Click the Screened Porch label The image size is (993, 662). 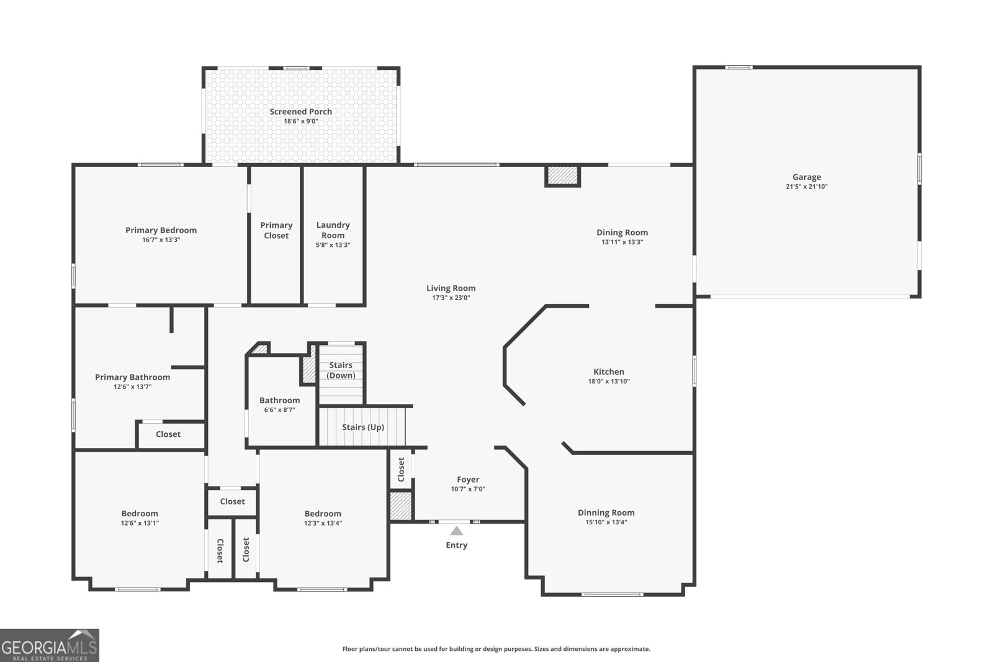tap(300, 112)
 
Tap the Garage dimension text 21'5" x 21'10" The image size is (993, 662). tap(807, 187)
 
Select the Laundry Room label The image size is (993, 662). tap(333, 230)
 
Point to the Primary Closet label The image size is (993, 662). tap(276, 230)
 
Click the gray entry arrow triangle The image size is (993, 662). tap(457, 531)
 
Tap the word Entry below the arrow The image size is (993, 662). tap(457, 545)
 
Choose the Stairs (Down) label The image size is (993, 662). tap(341, 370)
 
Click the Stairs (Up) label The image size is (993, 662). tap(363, 427)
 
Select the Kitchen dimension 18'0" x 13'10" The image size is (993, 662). tap(609, 381)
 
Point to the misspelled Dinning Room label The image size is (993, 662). tap(606, 512)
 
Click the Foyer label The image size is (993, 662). tap(468, 480)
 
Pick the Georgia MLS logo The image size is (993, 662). tap(49, 646)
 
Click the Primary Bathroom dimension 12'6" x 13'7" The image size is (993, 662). tap(133, 387)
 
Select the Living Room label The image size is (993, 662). tap(451, 288)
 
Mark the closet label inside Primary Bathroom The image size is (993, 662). tap(168, 434)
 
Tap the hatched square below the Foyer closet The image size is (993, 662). tap(401, 506)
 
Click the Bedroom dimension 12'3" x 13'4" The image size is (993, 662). tap(323, 523)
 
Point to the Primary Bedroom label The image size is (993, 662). tap(161, 230)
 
